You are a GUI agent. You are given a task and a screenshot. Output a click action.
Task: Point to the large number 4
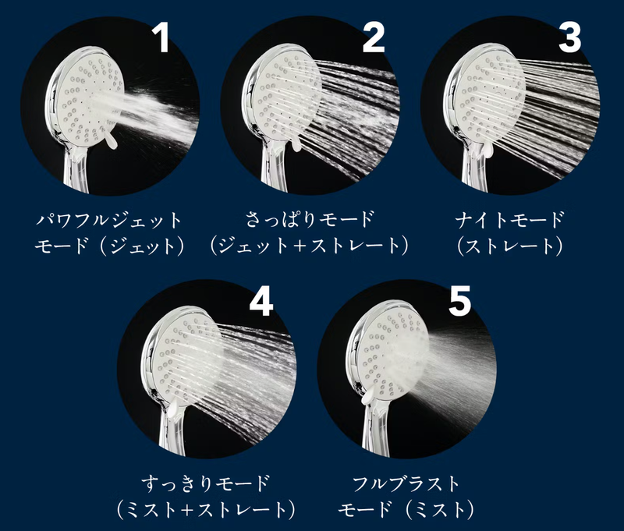(x=261, y=301)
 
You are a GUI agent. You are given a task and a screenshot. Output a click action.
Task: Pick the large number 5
(x=459, y=300)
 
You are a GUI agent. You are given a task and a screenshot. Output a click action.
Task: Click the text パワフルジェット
(x=108, y=220)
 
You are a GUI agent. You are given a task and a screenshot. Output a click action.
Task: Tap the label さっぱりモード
(x=310, y=219)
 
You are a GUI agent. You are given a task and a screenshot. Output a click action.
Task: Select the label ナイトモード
(x=510, y=220)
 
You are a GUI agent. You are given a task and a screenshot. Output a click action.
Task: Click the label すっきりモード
(x=206, y=483)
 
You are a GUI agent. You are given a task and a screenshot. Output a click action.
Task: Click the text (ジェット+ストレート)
(x=310, y=246)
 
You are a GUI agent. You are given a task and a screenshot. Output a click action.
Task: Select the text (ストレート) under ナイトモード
(x=510, y=246)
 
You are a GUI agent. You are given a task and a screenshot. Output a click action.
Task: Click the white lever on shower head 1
(x=111, y=141)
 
